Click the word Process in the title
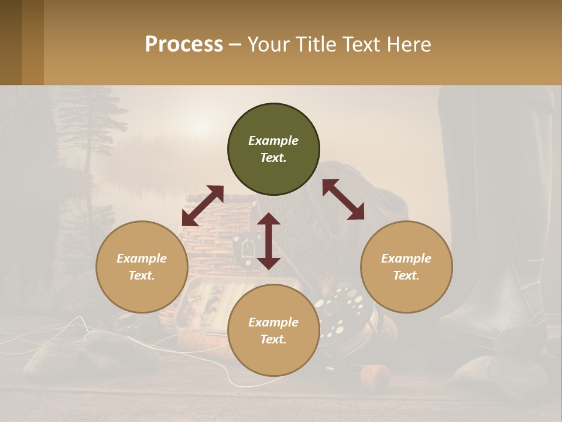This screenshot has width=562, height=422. (x=184, y=45)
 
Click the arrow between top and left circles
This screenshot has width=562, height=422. (x=203, y=206)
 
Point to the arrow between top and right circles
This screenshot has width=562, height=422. (x=344, y=199)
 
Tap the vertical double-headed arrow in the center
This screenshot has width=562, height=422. (x=269, y=241)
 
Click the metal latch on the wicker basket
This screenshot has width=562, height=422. (x=246, y=249)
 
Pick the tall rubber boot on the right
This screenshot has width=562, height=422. (x=498, y=205)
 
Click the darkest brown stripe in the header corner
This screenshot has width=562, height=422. (x=11, y=42)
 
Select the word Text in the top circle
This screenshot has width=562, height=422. (x=273, y=158)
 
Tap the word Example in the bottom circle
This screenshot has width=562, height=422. (x=273, y=322)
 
